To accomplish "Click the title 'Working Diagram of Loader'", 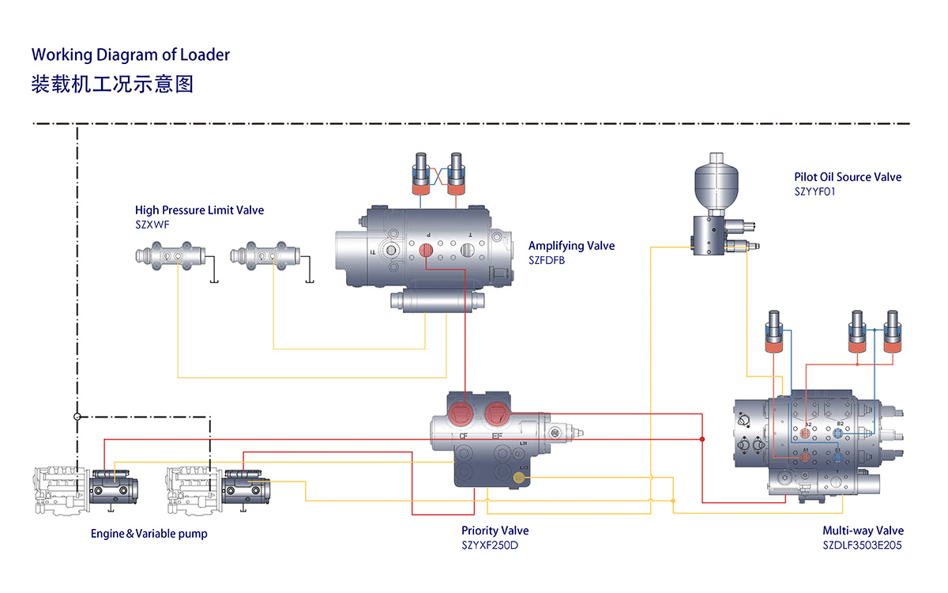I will pyautogui.click(x=130, y=55).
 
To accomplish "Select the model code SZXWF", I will pyautogui.click(x=152, y=225).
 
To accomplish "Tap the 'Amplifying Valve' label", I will pyautogui.click(x=571, y=246).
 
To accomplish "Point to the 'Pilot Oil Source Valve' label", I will pyautogui.click(x=848, y=177).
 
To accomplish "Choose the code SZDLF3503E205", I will pyautogui.click(x=863, y=546).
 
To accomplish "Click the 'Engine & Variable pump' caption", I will pyautogui.click(x=149, y=534).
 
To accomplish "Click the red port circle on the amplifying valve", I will pyautogui.click(x=427, y=251).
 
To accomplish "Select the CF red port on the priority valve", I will pyautogui.click(x=461, y=414).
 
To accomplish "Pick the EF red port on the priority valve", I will pyautogui.click(x=497, y=411).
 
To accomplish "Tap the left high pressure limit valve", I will pyautogui.click(x=170, y=257).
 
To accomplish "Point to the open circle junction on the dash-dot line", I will pyautogui.click(x=77, y=416).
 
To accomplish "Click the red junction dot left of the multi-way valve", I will pyautogui.click(x=702, y=439).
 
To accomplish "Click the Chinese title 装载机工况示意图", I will pyautogui.click(x=111, y=83).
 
